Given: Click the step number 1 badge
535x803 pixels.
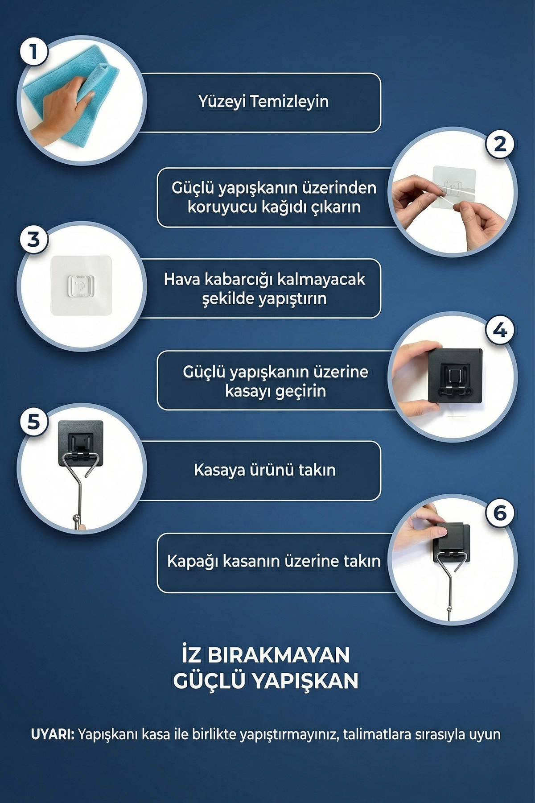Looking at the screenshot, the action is pos(34,52).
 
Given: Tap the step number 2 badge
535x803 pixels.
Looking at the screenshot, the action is pos(500,145).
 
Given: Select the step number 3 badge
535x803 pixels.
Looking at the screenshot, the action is pos(34,240).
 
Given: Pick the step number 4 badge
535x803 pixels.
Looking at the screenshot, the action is pos(500,331).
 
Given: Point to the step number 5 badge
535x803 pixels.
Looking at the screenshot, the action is pos(34,422).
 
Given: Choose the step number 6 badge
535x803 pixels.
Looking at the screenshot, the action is pos(500,513).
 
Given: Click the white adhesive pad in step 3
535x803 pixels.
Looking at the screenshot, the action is pos(81,286).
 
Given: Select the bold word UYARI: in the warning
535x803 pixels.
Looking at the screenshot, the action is pos(53,734).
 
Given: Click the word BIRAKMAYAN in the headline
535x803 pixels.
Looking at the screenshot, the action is pos(279,655).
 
